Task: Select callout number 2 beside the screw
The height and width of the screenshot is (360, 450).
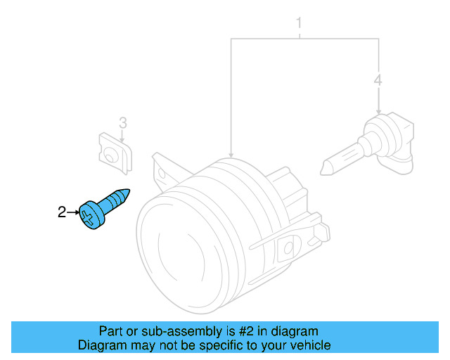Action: (x=62, y=211)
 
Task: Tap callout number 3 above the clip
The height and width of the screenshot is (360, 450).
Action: (x=122, y=123)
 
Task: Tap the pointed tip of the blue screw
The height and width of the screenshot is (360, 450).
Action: (x=128, y=191)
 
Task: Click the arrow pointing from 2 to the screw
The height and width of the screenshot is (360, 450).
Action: (x=72, y=211)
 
